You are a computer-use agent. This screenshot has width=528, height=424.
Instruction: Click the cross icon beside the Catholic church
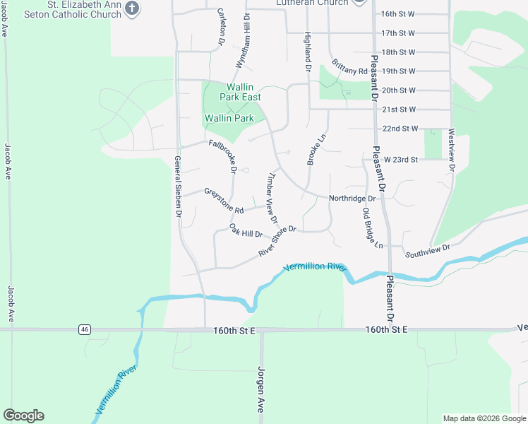(131, 8)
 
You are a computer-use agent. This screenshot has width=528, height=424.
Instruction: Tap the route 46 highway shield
(85, 329)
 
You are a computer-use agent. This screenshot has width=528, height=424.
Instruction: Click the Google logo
(23, 415)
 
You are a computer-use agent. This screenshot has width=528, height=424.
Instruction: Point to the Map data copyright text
(484, 418)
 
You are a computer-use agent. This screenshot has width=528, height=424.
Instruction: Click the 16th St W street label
(398, 14)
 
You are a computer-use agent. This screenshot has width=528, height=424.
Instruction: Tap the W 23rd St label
(401, 160)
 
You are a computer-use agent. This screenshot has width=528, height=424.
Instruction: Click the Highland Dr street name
(308, 52)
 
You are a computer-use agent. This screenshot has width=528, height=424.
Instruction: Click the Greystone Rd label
(224, 201)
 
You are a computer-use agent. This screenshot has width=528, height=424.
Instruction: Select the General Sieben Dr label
(179, 187)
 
